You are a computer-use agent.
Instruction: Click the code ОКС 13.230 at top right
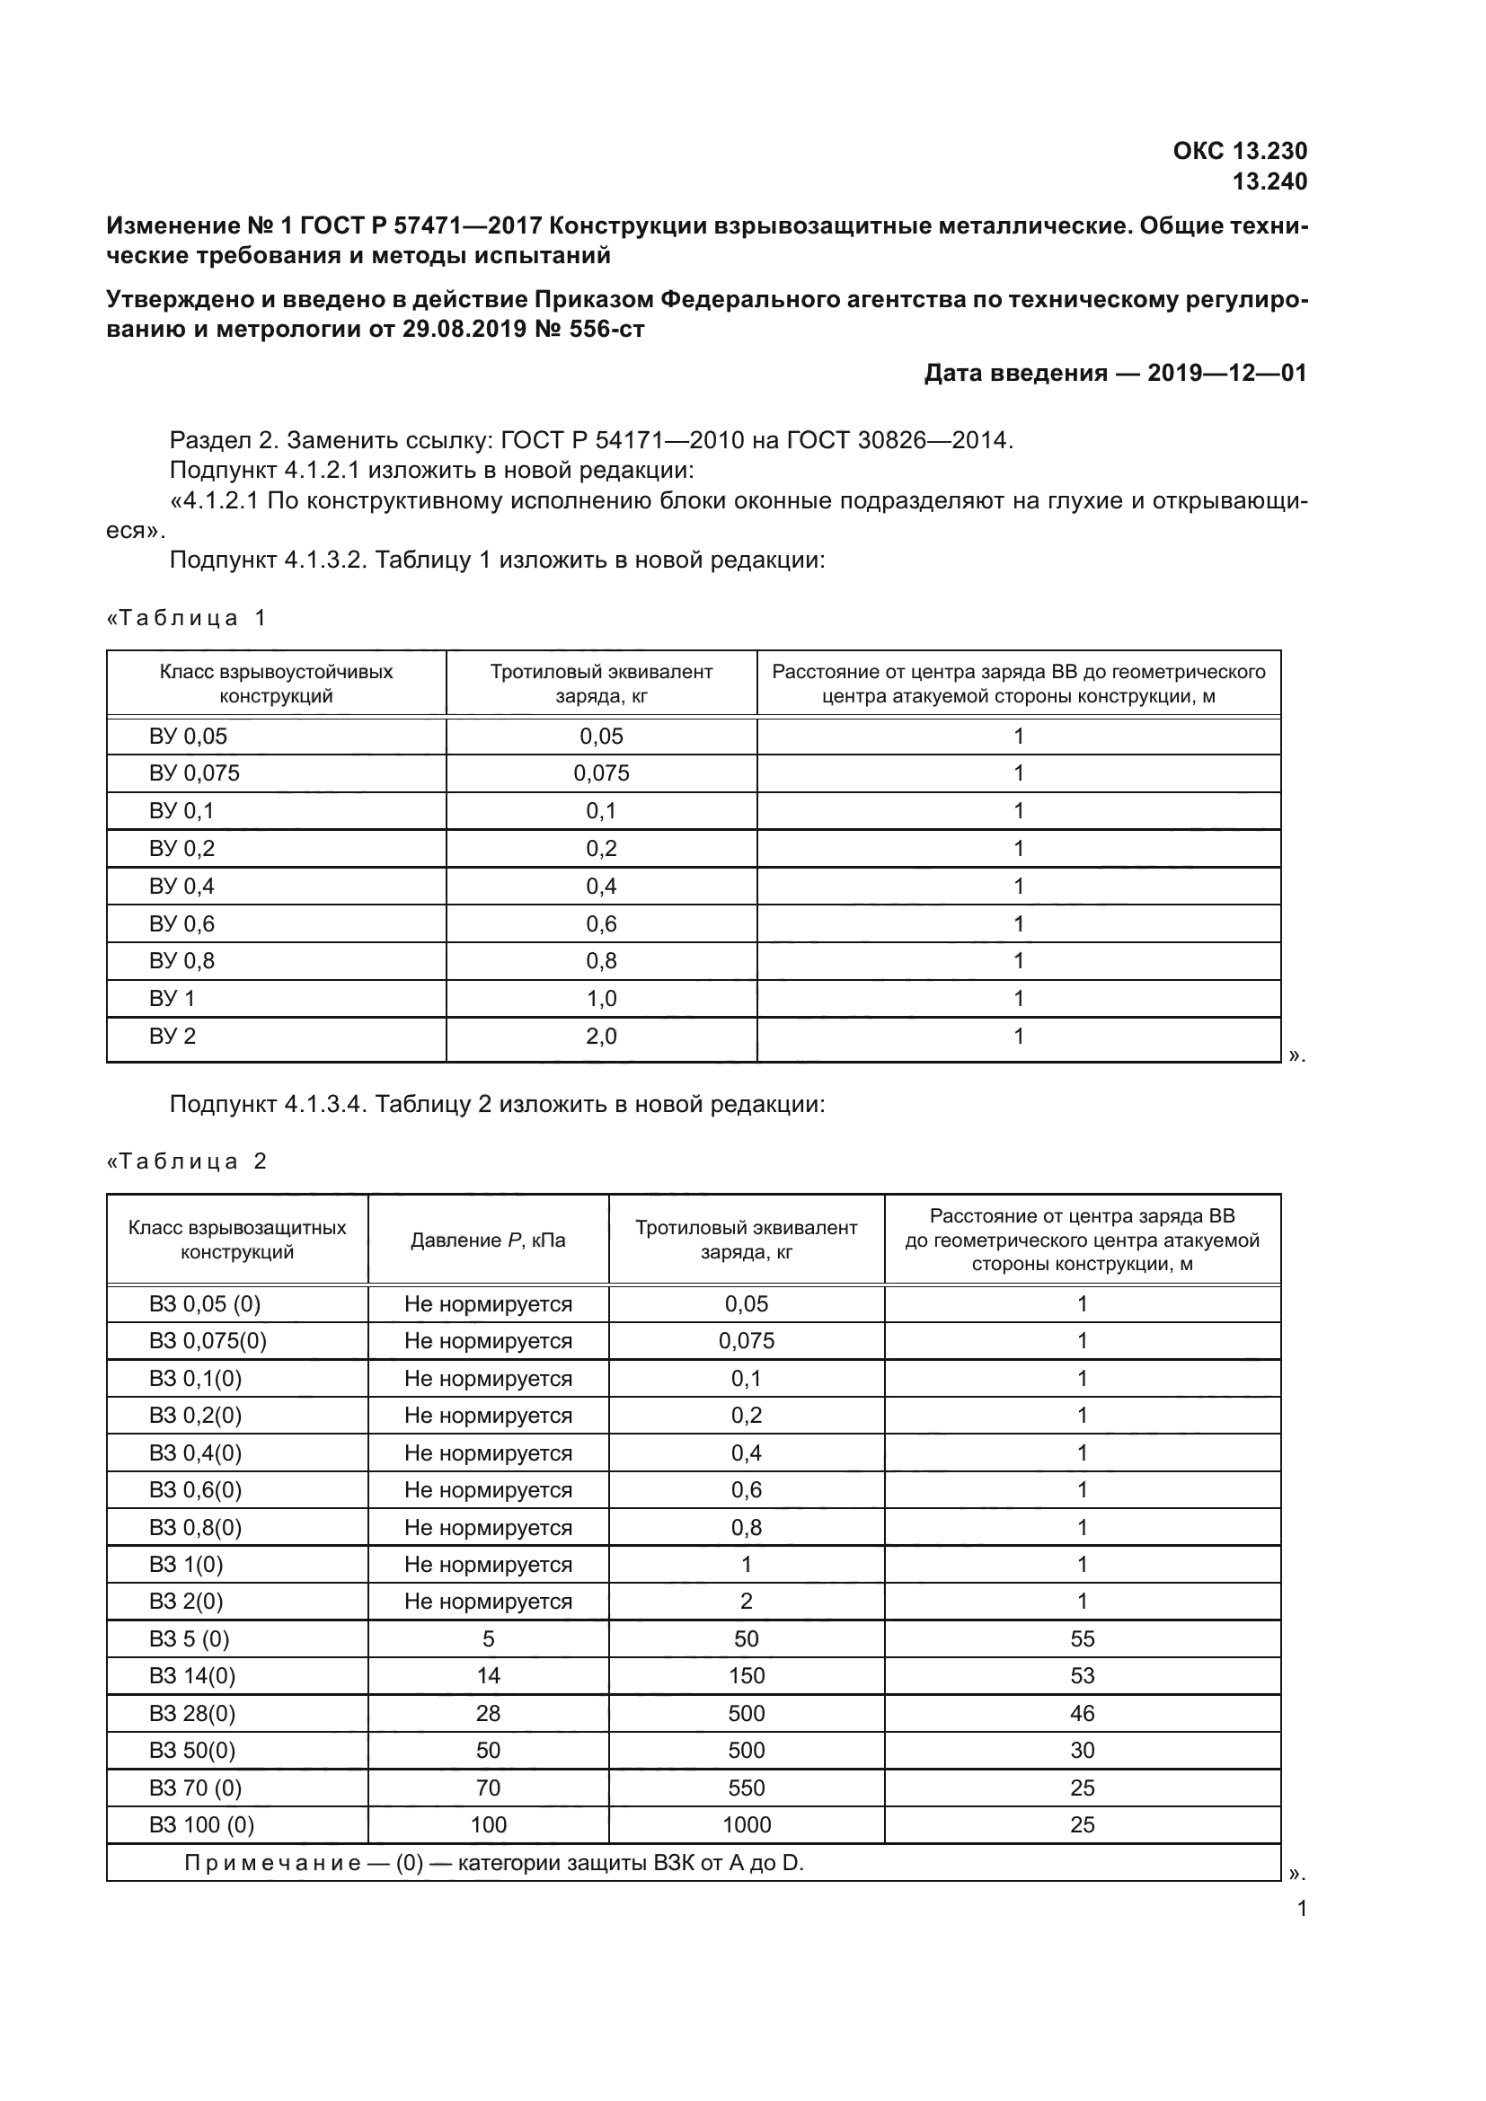click(1239, 151)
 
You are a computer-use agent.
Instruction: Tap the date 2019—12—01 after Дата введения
click(1226, 374)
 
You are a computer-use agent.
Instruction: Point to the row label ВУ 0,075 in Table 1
click(194, 773)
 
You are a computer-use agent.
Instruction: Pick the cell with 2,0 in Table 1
click(601, 1037)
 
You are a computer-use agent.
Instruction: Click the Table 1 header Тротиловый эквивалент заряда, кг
click(601, 684)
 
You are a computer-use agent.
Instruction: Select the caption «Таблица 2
click(187, 1161)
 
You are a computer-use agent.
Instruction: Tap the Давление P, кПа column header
click(488, 1240)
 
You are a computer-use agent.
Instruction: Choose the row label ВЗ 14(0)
click(192, 1676)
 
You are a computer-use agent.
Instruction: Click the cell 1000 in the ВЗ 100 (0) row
click(746, 1824)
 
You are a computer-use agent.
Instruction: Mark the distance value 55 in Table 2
click(1082, 1639)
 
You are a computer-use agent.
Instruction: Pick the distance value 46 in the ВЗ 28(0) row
click(1082, 1714)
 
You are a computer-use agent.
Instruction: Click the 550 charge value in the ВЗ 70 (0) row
click(746, 1788)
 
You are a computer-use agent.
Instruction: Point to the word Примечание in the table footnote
click(271, 1863)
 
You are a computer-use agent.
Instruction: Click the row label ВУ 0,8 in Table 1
click(181, 961)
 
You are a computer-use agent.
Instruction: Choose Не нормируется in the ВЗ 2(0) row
click(488, 1602)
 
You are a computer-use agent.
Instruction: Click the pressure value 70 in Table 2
click(488, 1788)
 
